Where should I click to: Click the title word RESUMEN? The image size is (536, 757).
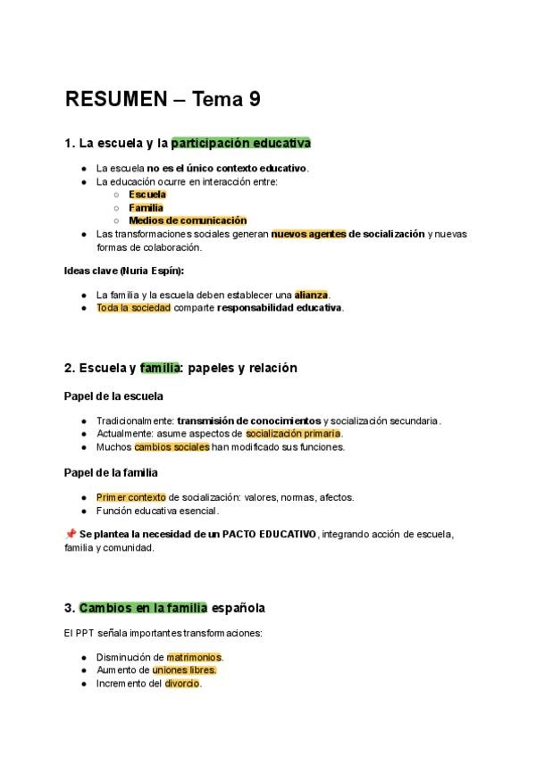pos(116,99)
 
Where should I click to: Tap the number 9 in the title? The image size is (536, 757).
pos(255,99)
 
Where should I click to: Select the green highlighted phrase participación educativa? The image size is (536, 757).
pos(241,143)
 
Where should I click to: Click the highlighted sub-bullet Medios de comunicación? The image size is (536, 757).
pos(188,220)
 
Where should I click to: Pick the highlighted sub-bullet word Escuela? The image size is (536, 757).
pos(147,194)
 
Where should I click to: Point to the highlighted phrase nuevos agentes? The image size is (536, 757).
pos(308,234)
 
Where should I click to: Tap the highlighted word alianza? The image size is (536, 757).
pos(311,295)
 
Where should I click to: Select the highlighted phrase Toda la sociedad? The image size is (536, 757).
pos(133,308)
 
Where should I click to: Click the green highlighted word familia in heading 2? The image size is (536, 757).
pos(160,368)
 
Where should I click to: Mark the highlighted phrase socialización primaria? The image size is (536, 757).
pos(293,434)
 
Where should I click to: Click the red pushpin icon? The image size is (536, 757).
pos(71,534)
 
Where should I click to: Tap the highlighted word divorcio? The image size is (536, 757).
pos(183,684)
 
